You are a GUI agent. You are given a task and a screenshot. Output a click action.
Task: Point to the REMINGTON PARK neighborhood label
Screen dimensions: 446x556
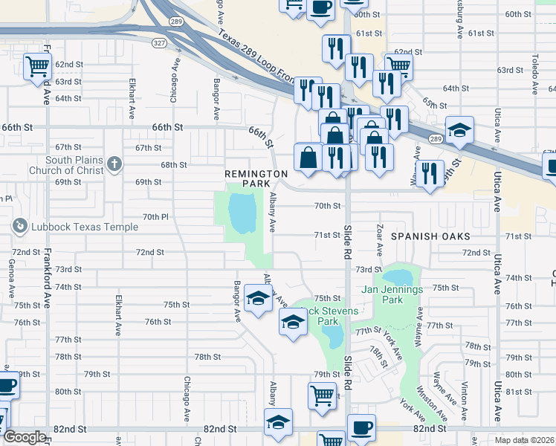(256, 178)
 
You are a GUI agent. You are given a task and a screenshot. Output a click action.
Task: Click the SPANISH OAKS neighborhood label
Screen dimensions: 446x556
(431, 236)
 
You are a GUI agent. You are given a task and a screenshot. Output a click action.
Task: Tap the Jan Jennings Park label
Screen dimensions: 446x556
(392, 294)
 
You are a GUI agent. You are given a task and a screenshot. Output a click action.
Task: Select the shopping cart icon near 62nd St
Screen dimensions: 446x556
(36, 67)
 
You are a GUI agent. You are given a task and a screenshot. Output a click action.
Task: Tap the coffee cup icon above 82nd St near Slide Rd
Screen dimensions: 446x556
(362, 428)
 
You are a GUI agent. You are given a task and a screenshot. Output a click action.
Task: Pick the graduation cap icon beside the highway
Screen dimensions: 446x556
(459, 129)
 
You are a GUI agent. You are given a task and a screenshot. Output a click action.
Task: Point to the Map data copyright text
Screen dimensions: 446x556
(525, 439)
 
